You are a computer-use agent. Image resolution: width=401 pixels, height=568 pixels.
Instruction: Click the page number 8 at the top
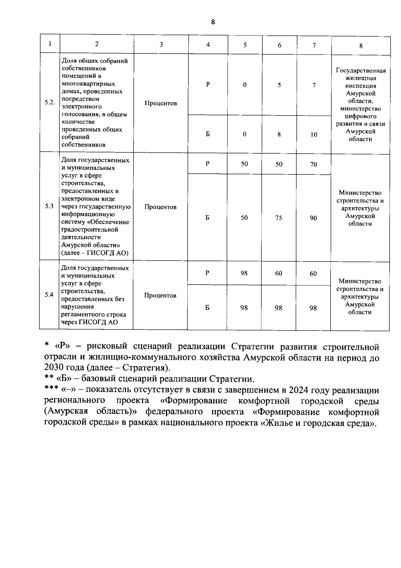click(x=213, y=22)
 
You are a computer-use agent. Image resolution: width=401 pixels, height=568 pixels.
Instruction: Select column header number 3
click(x=161, y=44)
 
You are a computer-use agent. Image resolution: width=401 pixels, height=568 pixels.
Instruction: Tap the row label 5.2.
click(x=50, y=103)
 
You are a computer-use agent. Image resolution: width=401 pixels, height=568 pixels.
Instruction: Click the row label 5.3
click(x=49, y=206)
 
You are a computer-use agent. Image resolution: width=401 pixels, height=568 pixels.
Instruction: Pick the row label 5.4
click(x=49, y=295)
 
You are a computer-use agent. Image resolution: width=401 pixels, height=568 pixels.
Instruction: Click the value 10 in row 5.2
click(x=313, y=135)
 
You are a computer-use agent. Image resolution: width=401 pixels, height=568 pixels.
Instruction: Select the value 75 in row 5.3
click(x=278, y=218)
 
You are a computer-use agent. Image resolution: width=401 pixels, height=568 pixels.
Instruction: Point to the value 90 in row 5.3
click(x=313, y=218)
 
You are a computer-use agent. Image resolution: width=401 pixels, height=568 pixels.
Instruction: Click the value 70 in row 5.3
click(x=313, y=164)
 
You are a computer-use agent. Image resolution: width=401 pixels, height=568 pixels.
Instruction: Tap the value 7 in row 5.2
click(x=314, y=85)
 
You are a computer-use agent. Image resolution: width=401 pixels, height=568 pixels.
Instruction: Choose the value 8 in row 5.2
click(x=279, y=134)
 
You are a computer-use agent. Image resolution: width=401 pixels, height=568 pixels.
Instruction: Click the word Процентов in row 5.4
click(x=160, y=295)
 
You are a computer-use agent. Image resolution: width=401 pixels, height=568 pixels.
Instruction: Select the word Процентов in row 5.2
click(x=161, y=103)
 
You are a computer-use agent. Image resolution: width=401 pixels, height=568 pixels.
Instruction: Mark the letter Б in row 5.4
click(x=208, y=308)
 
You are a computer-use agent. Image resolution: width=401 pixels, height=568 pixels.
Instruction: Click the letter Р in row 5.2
click(x=208, y=85)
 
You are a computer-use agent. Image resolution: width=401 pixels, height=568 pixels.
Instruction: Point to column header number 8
click(x=361, y=46)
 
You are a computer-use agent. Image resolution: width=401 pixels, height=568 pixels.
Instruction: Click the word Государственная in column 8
click(x=361, y=70)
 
